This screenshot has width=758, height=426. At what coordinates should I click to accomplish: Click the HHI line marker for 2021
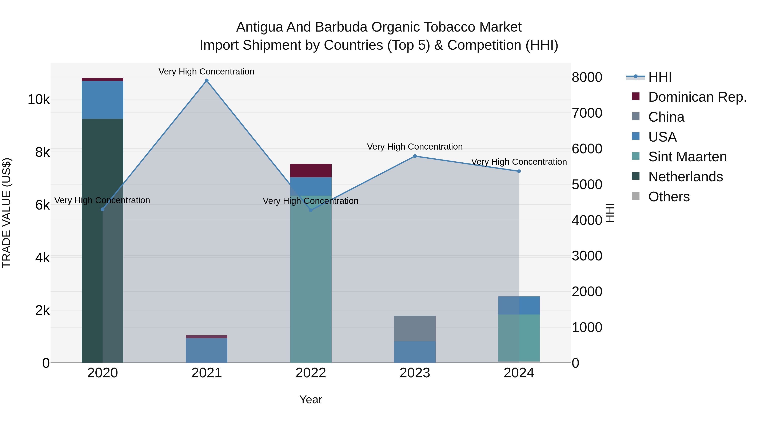(x=207, y=81)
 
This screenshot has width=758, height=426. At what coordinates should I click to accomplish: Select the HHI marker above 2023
(x=415, y=156)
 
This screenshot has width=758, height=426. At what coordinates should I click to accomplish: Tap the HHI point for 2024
(x=519, y=171)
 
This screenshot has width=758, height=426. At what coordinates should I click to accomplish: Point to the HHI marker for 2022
(x=311, y=210)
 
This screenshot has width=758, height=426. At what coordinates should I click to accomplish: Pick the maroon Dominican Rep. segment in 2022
(x=311, y=171)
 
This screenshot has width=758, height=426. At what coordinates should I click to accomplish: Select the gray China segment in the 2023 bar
(x=415, y=328)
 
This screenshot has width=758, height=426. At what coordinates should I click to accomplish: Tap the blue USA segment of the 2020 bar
(x=102, y=100)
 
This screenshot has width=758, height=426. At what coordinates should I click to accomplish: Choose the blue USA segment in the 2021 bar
(x=207, y=350)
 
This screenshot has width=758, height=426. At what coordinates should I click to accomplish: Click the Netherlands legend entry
(x=685, y=177)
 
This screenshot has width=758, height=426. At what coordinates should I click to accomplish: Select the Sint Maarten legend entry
(x=687, y=157)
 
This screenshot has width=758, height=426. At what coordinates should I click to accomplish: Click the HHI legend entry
(x=660, y=77)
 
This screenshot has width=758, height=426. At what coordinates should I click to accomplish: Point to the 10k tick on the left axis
(x=39, y=99)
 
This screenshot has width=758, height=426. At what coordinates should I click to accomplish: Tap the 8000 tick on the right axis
(x=587, y=77)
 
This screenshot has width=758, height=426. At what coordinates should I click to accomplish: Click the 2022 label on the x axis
(x=311, y=373)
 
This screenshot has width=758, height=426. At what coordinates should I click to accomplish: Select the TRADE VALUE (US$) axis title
(x=7, y=213)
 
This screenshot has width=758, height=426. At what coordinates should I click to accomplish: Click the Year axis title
(x=311, y=399)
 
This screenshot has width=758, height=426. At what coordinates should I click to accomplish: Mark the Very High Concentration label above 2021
(x=206, y=72)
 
